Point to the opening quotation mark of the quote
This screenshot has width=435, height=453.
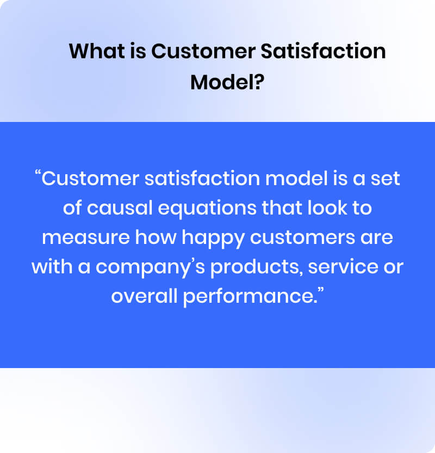click(x=38, y=176)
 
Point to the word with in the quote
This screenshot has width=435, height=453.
click(x=48, y=268)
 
